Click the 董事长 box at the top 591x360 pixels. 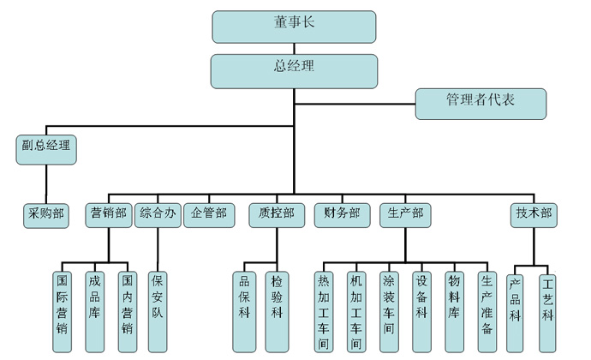click(x=294, y=27)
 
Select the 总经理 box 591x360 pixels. click(x=294, y=71)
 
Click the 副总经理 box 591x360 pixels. click(x=45, y=148)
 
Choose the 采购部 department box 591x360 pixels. click(x=45, y=214)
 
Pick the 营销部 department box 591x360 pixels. click(x=108, y=214)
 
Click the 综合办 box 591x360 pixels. click(x=158, y=214)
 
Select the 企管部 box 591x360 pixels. click(x=209, y=214)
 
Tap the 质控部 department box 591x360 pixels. click(x=276, y=214)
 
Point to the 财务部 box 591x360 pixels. click(x=341, y=214)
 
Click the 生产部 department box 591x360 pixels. click(x=405, y=214)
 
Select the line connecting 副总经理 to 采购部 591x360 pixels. click(x=45, y=183)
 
